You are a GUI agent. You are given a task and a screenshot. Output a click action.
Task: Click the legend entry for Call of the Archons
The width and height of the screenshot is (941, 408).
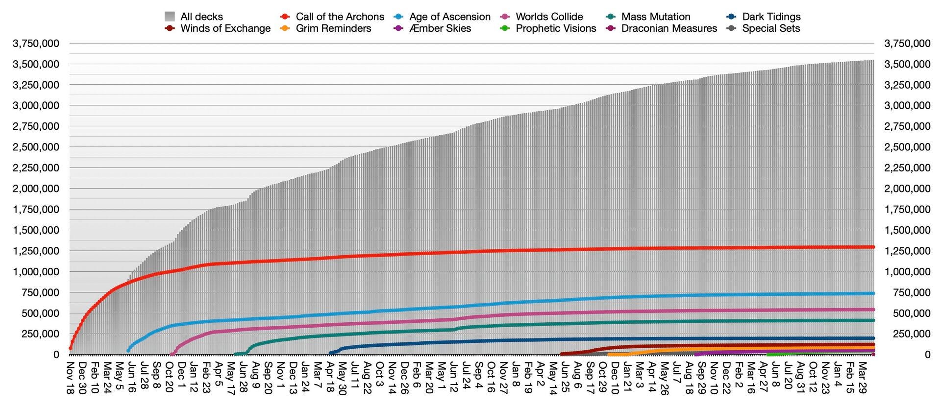pos(340,17)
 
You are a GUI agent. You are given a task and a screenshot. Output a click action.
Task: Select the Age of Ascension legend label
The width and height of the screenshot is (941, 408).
pos(450,17)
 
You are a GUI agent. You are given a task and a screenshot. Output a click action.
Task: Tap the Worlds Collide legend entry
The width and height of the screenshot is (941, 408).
pos(549,17)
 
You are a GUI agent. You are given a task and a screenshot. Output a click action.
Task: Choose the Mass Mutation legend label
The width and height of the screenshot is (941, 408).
pos(656,17)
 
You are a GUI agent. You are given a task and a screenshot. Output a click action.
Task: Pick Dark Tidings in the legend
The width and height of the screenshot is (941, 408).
pos(771,17)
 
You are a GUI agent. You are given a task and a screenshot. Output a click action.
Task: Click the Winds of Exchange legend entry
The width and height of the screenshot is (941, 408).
pos(225,28)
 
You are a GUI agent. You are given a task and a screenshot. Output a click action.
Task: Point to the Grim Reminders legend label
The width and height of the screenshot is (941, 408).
pos(334,28)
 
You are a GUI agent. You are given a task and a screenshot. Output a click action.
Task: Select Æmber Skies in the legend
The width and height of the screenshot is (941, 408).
pos(440,28)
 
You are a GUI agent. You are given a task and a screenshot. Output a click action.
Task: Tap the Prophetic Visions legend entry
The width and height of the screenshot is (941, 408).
pos(556,28)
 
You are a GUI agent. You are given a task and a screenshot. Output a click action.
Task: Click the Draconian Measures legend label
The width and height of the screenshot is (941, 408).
pos(669,28)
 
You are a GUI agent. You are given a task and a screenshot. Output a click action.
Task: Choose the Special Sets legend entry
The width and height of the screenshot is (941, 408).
pos(771,28)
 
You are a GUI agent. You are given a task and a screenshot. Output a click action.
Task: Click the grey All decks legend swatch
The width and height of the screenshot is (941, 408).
pos(170,17)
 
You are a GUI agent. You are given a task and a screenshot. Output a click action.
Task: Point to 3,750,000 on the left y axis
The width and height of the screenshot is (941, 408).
pos(36,44)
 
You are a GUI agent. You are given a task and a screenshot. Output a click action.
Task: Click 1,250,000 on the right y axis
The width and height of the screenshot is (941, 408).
pos(907,251)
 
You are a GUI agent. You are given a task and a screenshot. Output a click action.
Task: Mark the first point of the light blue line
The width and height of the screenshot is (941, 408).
pos(128,350)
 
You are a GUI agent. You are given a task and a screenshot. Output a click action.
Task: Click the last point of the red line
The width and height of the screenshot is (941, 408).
pos(873,247)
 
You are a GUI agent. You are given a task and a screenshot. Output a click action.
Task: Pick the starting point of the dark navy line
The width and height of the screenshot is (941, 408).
pos(330,353)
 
